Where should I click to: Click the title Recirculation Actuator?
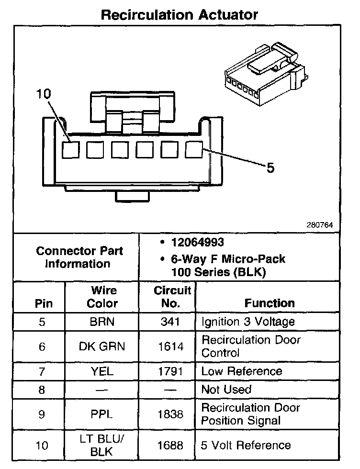(180, 14)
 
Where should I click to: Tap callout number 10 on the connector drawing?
(43, 94)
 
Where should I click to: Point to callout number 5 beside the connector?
(270, 168)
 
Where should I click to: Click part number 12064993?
(197, 242)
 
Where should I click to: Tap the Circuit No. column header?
(172, 297)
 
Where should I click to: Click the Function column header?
(270, 303)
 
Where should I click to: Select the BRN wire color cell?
(102, 322)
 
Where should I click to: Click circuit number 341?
(171, 322)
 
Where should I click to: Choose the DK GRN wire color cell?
(102, 346)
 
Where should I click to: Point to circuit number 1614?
(171, 346)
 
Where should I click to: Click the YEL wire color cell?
(102, 371)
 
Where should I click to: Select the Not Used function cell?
(226, 390)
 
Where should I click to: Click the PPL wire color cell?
(102, 414)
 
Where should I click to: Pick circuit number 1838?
(171, 414)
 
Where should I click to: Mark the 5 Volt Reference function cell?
(246, 445)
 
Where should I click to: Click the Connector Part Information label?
(79, 257)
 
